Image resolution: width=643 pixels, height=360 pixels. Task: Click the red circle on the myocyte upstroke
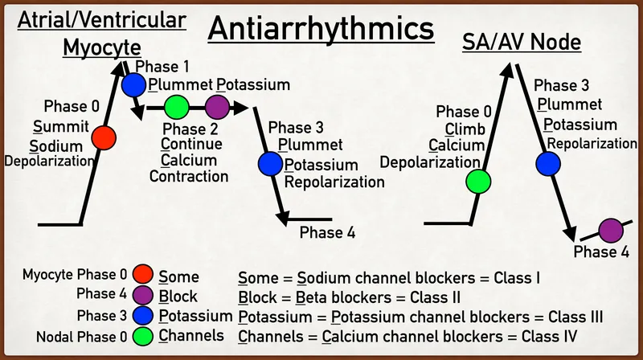(102, 137)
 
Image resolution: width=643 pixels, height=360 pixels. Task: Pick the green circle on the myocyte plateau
(177, 107)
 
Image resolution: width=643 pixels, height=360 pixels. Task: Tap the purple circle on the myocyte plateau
(216, 107)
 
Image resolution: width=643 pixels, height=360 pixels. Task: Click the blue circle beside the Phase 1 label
(134, 84)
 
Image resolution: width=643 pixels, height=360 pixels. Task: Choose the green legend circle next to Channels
(144, 334)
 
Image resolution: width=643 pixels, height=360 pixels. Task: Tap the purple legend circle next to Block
(144, 294)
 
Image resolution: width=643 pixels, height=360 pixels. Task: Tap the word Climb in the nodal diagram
(465, 129)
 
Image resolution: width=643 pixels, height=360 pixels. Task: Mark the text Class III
(574, 317)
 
